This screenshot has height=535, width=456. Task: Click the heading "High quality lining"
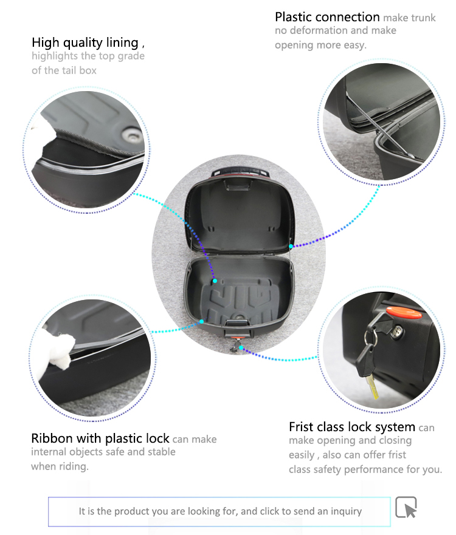click(85, 43)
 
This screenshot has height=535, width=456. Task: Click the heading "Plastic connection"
click(327, 17)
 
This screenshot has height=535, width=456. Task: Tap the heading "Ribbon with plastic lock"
click(100, 438)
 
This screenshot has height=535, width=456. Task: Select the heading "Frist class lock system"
click(352, 427)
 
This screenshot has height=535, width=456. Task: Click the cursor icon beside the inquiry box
click(406, 507)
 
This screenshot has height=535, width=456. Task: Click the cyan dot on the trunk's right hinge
click(291, 246)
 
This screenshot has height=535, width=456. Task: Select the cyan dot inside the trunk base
click(215, 281)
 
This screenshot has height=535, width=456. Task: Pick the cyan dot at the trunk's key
click(241, 347)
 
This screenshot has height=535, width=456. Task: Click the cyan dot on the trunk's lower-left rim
click(201, 321)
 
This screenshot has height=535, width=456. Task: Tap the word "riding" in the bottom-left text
click(72, 466)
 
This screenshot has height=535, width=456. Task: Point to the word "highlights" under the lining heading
click(55, 56)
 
